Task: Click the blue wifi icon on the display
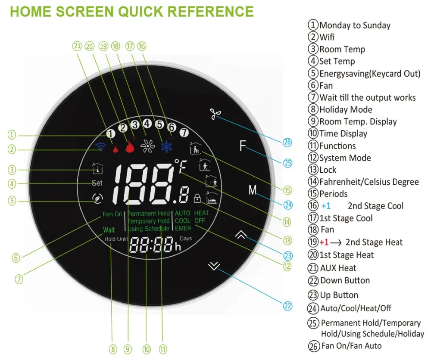(101, 147)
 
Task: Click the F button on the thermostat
(243, 147)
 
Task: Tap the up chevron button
(241, 235)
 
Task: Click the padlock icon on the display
(197, 199)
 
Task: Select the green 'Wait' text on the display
(109, 230)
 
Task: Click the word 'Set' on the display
(97, 183)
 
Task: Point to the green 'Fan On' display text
(112, 214)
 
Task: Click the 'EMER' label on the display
(183, 228)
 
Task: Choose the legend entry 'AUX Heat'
(338, 268)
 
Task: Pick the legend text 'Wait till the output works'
(367, 97)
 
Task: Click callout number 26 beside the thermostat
(287, 142)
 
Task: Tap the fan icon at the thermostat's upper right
(215, 113)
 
